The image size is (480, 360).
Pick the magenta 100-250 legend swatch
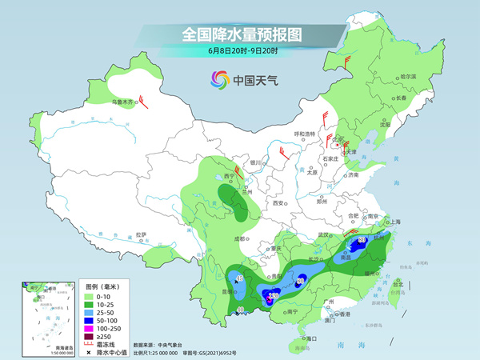[92, 327]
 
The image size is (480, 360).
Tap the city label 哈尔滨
[408, 76]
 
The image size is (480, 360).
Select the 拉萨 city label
[141, 234]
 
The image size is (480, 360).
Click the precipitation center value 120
[273, 297]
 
